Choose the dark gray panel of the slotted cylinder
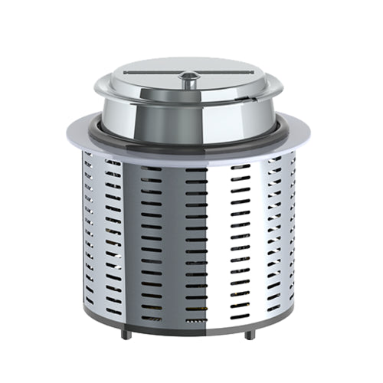pyautogui.click(x=172, y=230)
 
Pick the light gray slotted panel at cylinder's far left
pyautogui.click(x=96, y=230)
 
